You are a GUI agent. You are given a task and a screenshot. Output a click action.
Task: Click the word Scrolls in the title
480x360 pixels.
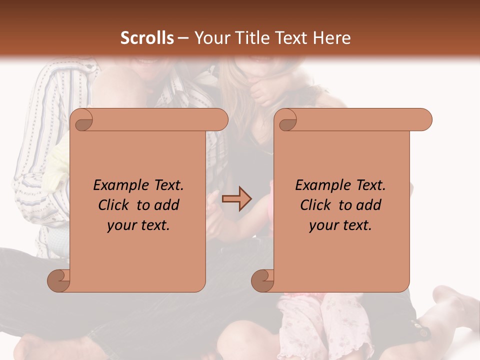(x=147, y=38)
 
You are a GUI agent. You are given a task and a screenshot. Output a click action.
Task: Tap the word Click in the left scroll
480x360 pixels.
(x=115, y=205)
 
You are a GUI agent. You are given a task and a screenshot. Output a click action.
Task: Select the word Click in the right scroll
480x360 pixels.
(x=317, y=205)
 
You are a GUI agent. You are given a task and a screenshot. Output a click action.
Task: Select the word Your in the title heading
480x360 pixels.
(x=209, y=38)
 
